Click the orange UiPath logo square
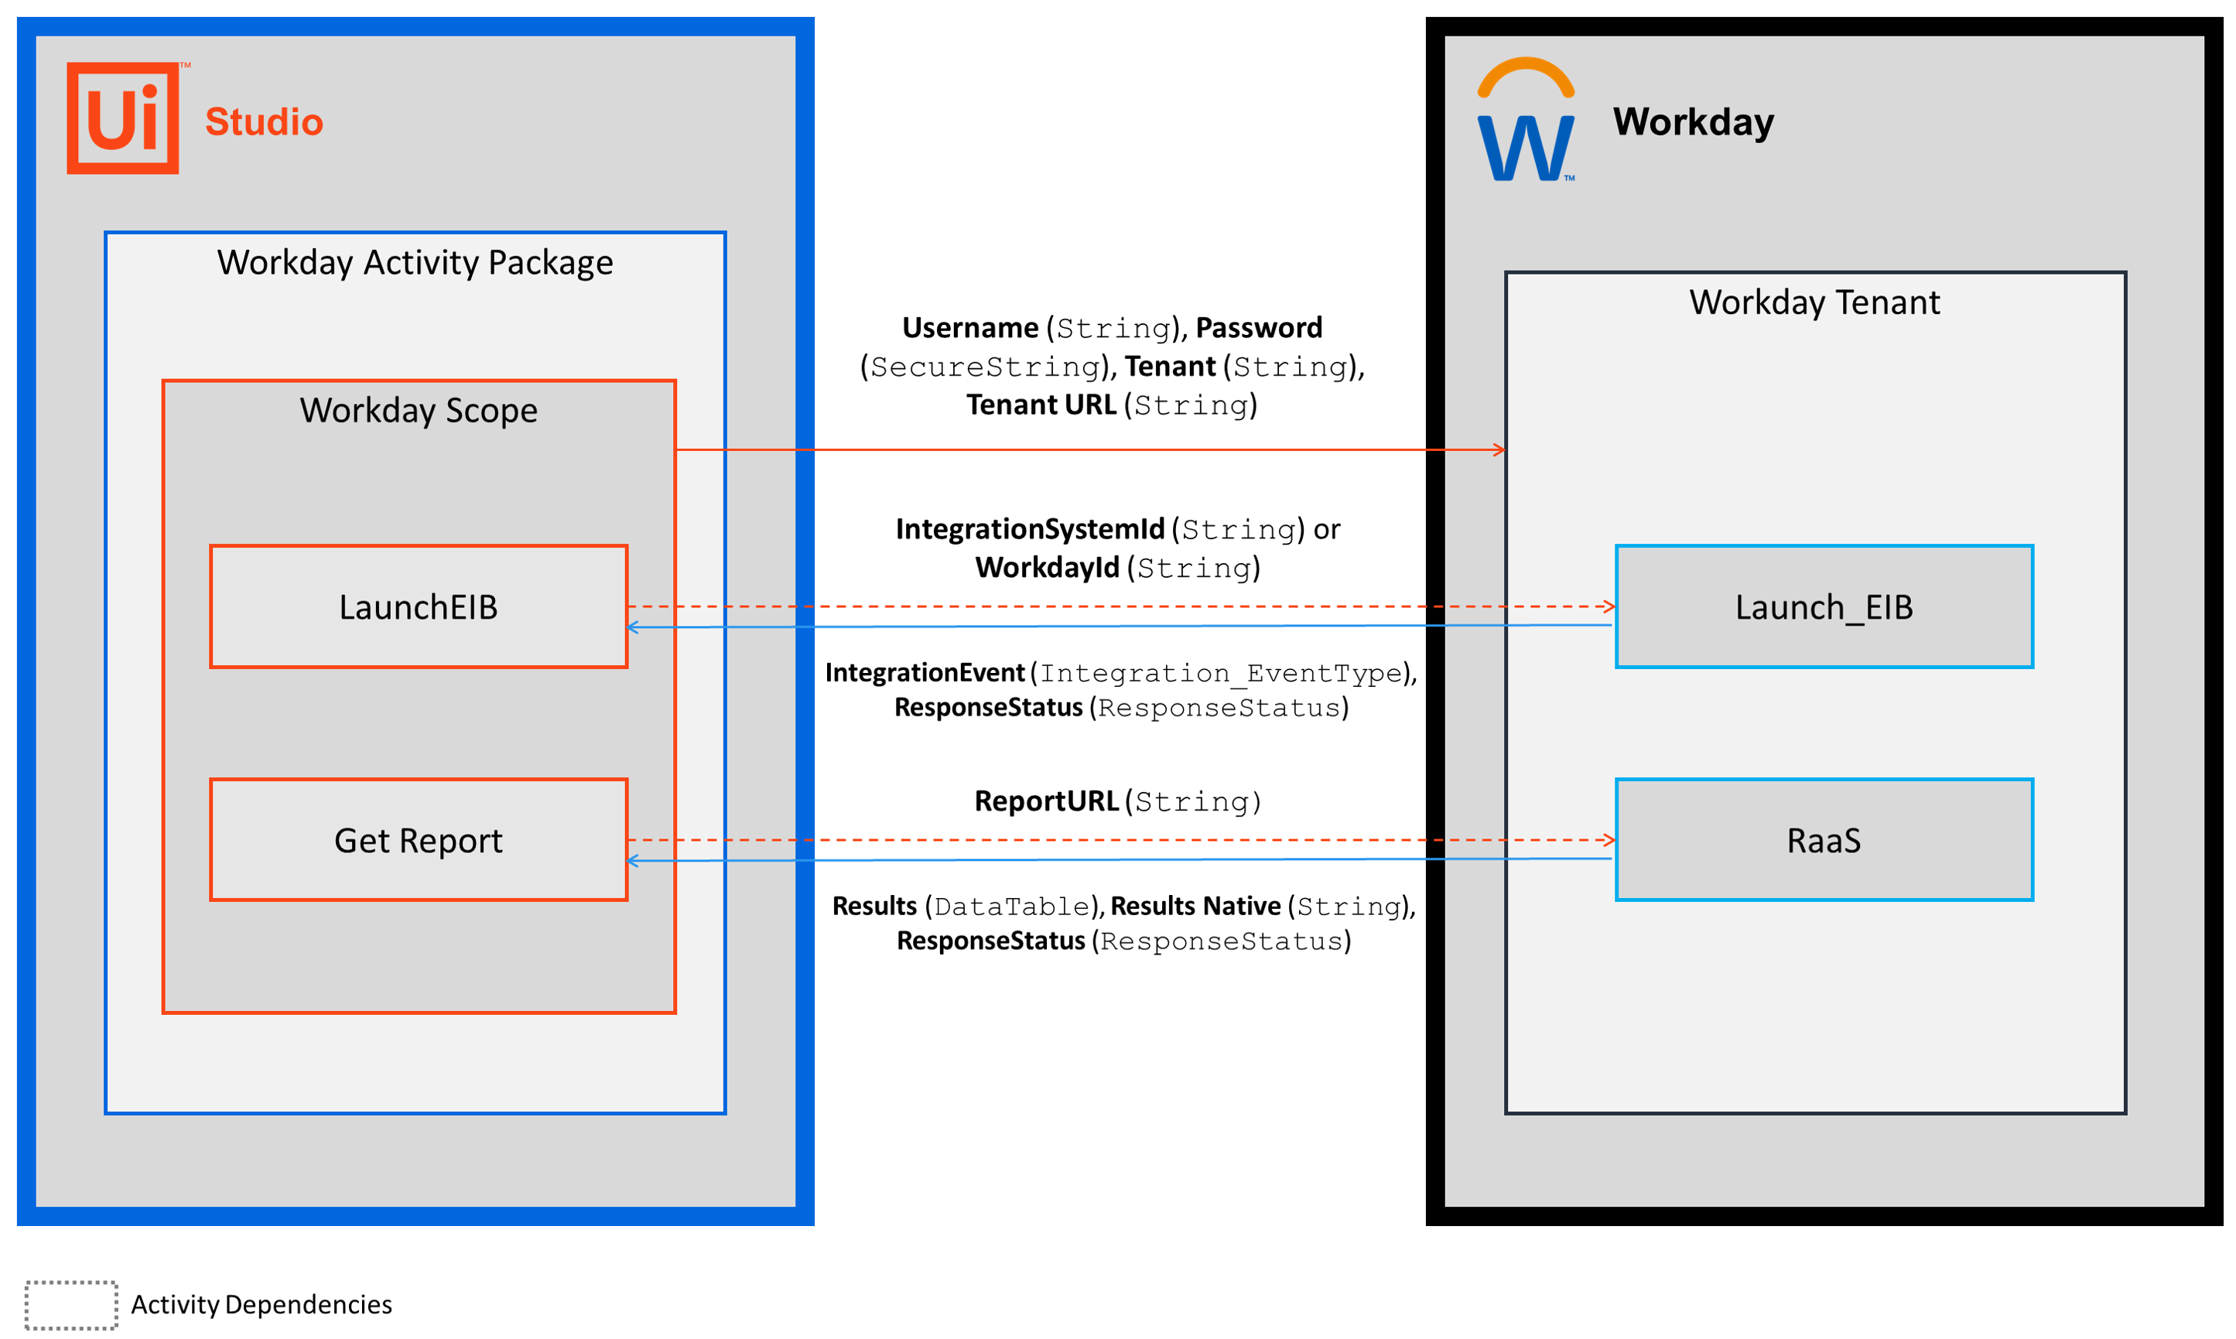pyautogui.click(x=123, y=118)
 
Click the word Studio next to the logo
pyautogui.click(x=264, y=121)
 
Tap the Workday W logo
pyautogui.click(x=1525, y=119)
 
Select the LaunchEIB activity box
pyautogui.click(x=419, y=606)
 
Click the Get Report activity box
pyautogui.click(x=419, y=840)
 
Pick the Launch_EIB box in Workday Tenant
pyautogui.click(x=1824, y=606)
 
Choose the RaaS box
pyautogui.click(x=1824, y=840)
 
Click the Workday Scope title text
pyautogui.click(x=419, y=411)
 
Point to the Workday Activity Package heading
pyautogui.click(x=415, y=262)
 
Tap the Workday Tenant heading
pyautogui.click(x=1814, y=302)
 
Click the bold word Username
pyautogui.click(x=970, y=327)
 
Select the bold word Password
pyautogui.click(x=1259, y=327)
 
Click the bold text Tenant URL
pyautogui.click(x=1041, y=405)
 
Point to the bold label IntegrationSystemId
pyautogui.click(x=1030, y=529)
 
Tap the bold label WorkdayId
pyautogui.click(x=1048, y=568)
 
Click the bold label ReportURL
pyautogui.click(x=1047, y=801)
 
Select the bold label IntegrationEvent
pyautogui.click(x=925, y=673)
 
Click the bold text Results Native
pyautogui.click(x=1195, y=906)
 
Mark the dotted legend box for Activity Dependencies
pyautogui.click(x=71, y=1305)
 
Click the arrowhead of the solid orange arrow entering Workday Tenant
pyautogui.click(x=1499, y=449)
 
